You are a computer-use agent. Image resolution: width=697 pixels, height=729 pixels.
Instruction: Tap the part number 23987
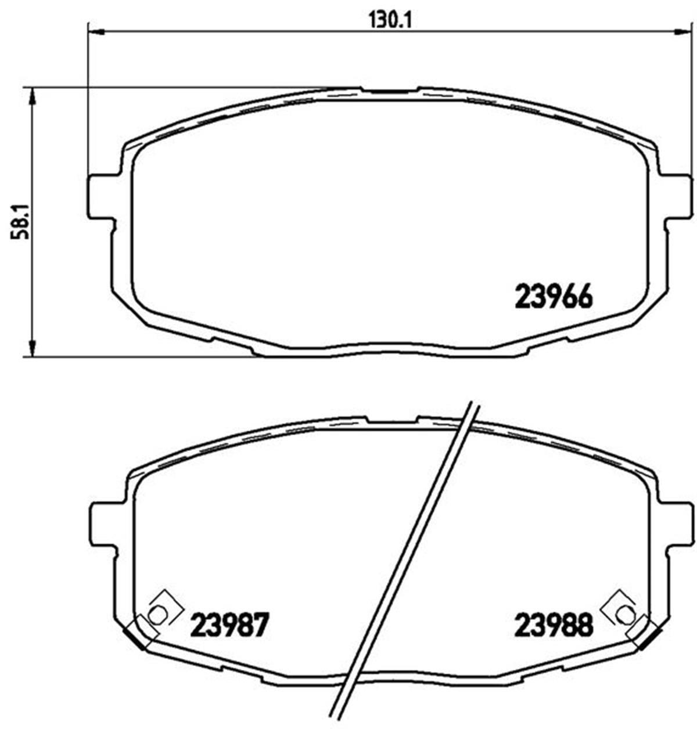click(230, 626)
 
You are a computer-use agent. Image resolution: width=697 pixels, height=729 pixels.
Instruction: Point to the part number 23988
click(553, 626)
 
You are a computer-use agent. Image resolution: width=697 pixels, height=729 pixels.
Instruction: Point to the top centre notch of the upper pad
click(389, 91)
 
